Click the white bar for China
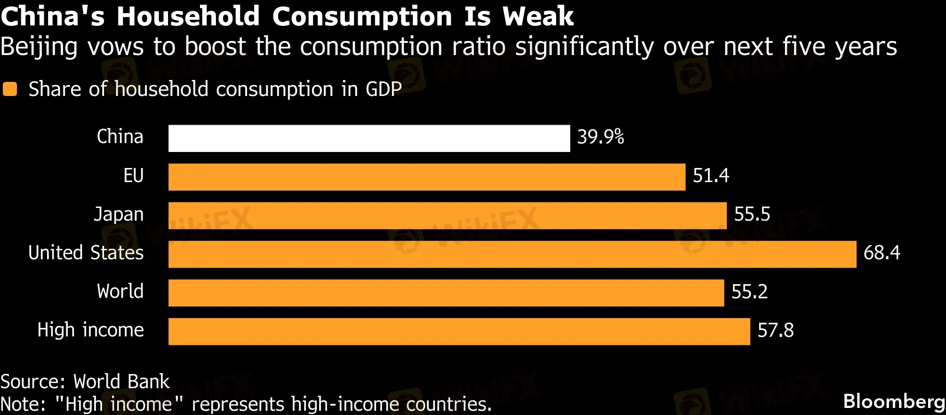click(x=369, y=138)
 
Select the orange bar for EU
click(x=427, y=177)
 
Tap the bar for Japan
click(x=447, y=215)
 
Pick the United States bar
click(x=512, y=254)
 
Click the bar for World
click(x=446, y=293)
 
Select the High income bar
click(x=459, y=331)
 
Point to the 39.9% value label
click(x=601, y=137)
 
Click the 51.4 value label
click(x=711, y=176)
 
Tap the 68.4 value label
click(x=882, y=253)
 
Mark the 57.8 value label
click(x=776, y=330)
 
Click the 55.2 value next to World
click(x=749, y=292)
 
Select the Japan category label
click(x=119, y=215)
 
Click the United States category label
click(x=86, y=253)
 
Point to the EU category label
click(x=133, y=176)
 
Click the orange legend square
click(x=10, y=89)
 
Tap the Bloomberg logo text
click(x=894, y=401)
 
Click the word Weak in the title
click(x=538, y=16)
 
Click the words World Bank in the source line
click(x=121, y=382)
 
